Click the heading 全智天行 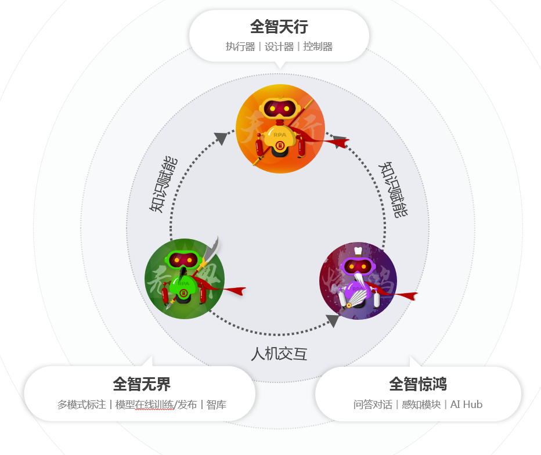pos(279,27)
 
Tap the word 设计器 pos(279,47)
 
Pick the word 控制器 pos(318,47)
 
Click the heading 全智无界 pos(141,384)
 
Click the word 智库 pos(216,405)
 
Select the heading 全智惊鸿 pos(417,384)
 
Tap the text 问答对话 pos(373,405)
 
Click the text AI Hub pos(466,405)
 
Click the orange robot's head pos(280,109)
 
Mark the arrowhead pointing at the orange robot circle pos(221,138)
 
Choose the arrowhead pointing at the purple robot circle pos(333,320)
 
